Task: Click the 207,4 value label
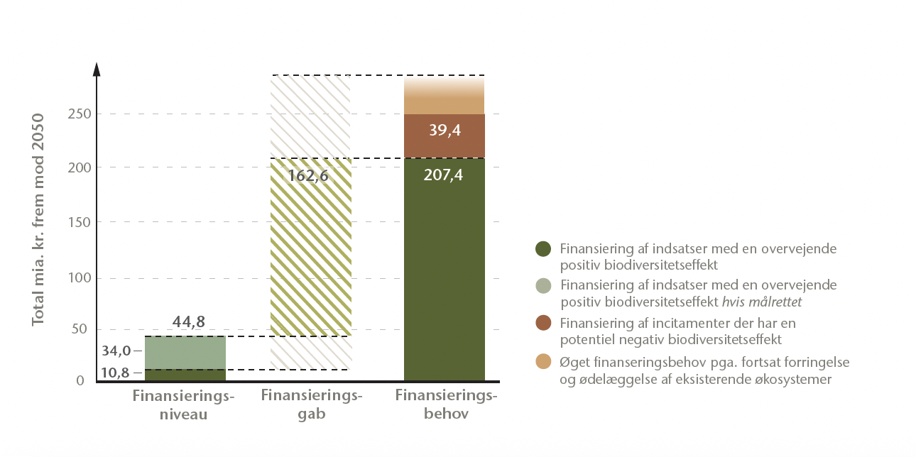[444, 175]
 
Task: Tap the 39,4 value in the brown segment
[444, 131]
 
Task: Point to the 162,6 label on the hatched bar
[308, 175]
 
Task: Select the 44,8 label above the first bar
[189, 322]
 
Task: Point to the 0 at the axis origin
[80, 381]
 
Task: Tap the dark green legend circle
[543, 249]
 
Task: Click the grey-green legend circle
[543, 286]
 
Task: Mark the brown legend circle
[543, 323]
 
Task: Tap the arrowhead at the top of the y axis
[97, 70]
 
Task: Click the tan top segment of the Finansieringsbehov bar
[444, 99]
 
